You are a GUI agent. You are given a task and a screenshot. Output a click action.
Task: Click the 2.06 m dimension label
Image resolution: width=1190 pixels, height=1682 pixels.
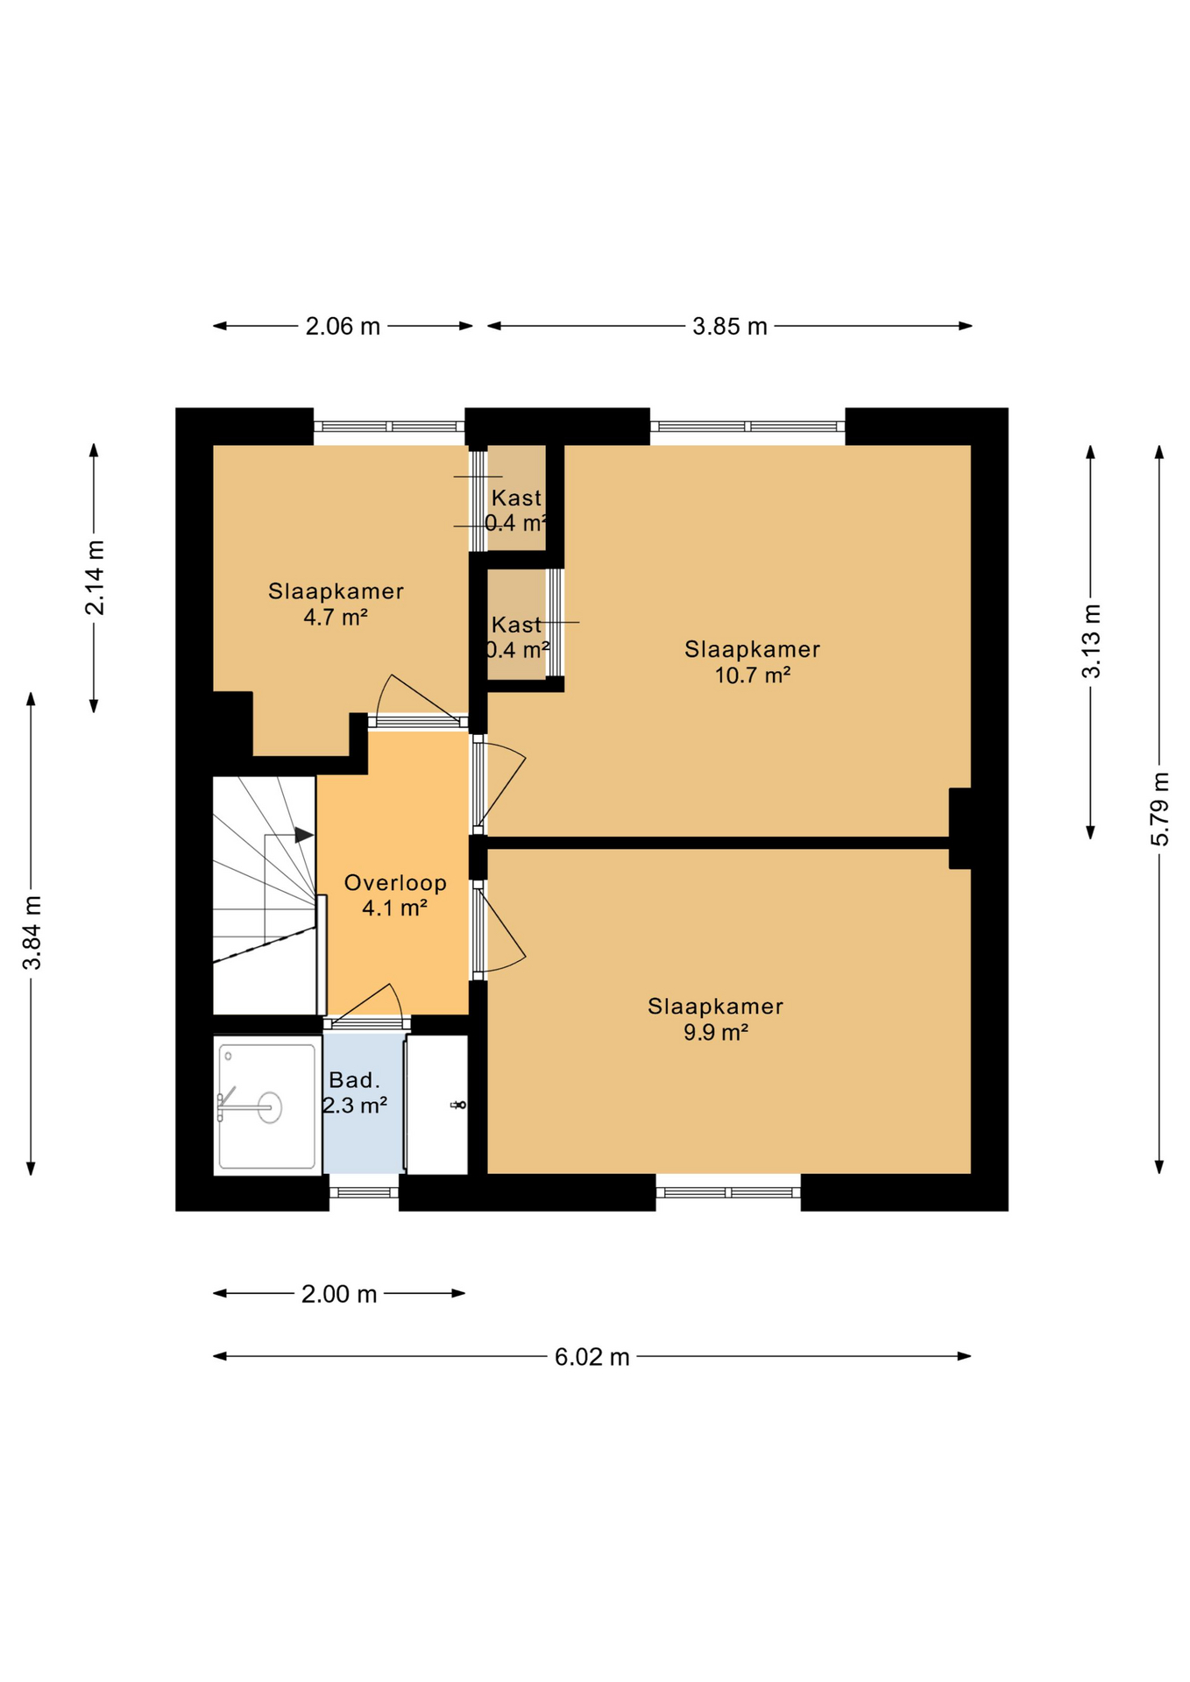click(343, 327)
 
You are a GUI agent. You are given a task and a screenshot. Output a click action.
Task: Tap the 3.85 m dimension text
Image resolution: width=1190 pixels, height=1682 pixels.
click(730, 327)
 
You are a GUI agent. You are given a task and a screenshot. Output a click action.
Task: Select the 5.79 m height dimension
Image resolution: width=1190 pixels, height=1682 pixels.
click(1159, 809)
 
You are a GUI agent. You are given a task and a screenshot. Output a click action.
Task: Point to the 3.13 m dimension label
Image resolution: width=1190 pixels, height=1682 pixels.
click(1091, 641)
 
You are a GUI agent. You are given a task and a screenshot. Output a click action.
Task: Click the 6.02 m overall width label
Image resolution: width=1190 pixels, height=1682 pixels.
click(592, 1357)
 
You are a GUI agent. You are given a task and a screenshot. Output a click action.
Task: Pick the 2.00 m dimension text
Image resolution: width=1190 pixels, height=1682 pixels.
click(339, 1294)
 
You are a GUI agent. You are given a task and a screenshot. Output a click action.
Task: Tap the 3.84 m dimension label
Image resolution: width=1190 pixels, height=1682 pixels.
click(32, 933)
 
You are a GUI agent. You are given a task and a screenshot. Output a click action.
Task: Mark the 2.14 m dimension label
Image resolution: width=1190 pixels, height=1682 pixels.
click(95, 578)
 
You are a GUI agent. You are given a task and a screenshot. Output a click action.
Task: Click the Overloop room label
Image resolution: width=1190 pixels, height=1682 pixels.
click(395, 883)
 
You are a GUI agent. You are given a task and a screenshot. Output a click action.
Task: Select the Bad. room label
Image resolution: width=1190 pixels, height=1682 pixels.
click(355, 1080)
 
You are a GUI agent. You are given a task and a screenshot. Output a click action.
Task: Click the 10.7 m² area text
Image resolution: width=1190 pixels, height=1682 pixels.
click(753, 675)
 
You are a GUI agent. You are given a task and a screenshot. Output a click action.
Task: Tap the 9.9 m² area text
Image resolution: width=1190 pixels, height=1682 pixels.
click(716, 1032)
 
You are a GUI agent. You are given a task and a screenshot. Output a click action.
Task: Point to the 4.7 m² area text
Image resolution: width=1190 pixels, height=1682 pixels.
click(336, 617)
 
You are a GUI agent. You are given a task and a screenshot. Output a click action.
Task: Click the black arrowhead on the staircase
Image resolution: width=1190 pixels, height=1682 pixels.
click(303, 835)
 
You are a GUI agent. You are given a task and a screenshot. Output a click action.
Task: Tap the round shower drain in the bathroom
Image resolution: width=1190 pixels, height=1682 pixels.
click(270, 1107)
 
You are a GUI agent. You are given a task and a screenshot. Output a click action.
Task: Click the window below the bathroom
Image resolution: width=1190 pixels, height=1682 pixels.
click(364, 1192)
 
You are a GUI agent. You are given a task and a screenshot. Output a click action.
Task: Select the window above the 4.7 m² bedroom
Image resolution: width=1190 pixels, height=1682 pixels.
click(389, 427)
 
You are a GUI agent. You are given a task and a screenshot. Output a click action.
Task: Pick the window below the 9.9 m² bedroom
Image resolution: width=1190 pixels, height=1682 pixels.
click(728, 1192)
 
